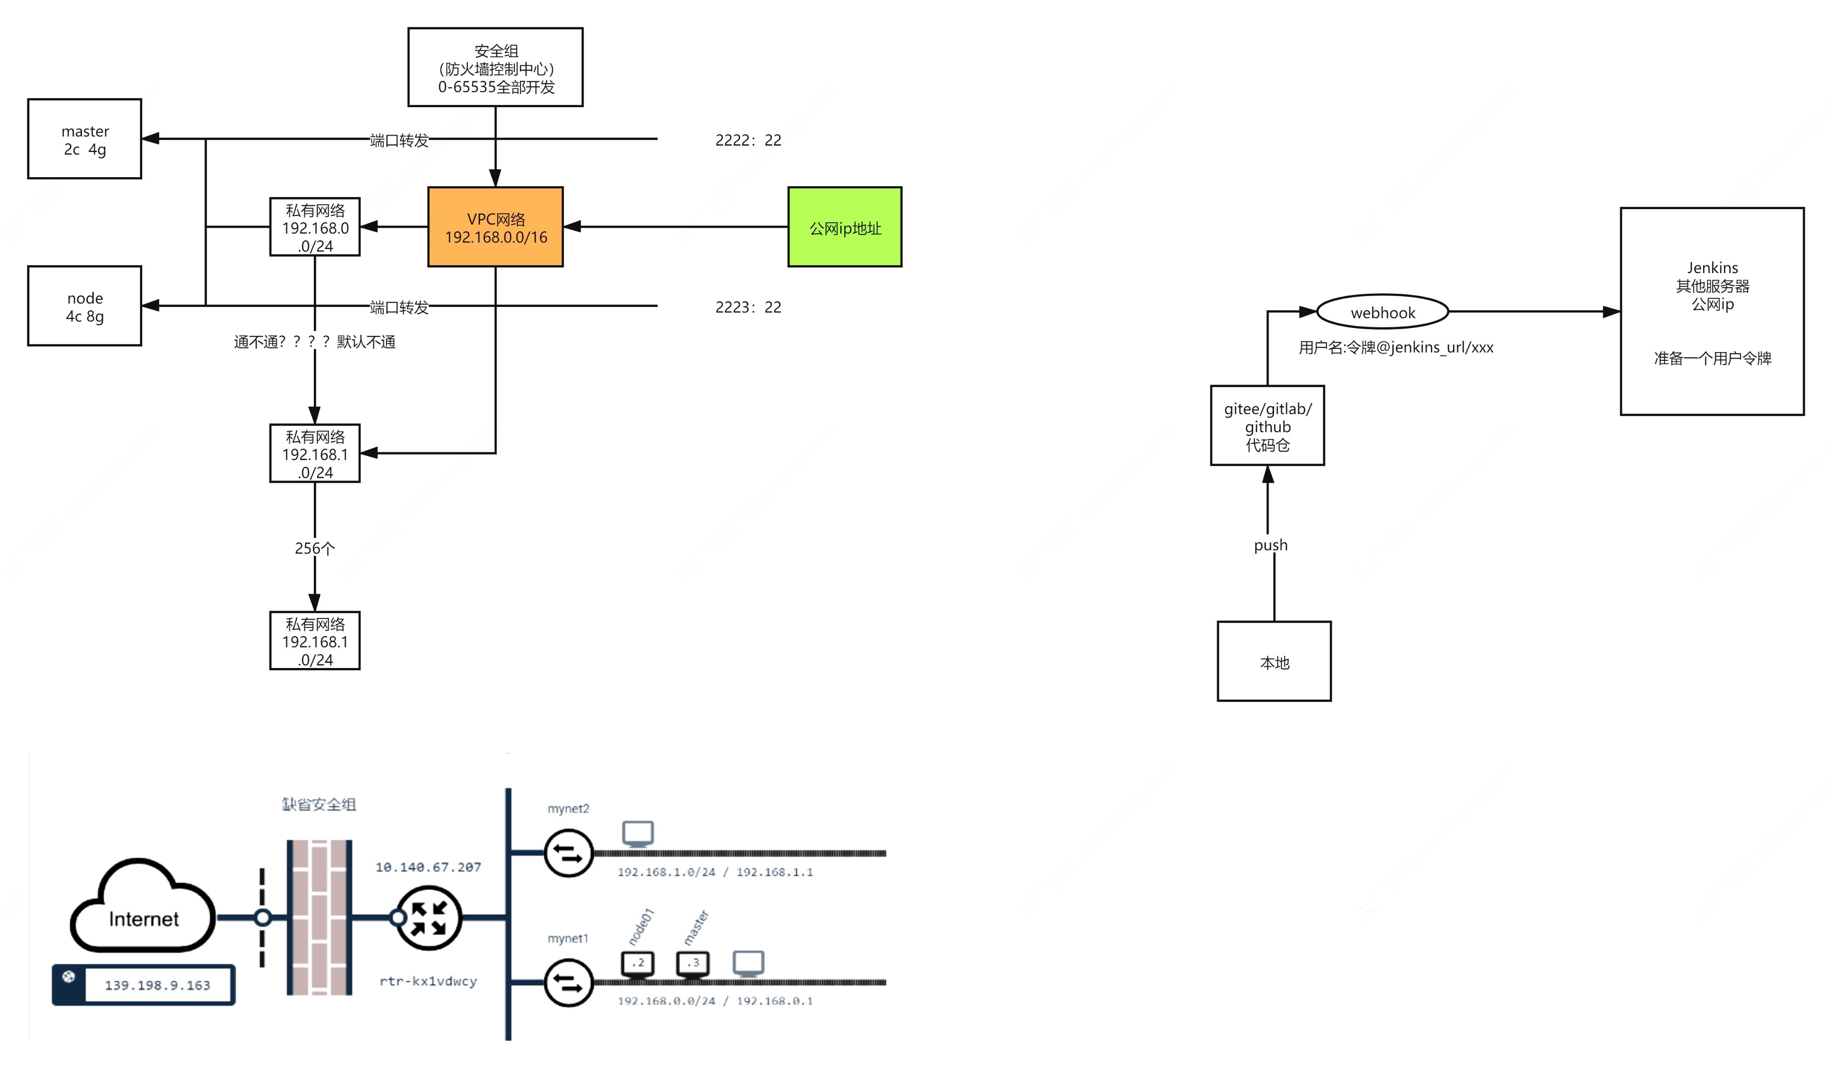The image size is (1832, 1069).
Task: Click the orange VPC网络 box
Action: click(495, 227)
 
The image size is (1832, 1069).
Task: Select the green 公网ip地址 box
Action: click(845, 227)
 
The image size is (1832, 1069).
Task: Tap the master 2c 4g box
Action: click(84, 139)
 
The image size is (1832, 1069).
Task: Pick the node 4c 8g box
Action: click(84, 306)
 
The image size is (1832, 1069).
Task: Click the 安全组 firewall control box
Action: click(495, 67)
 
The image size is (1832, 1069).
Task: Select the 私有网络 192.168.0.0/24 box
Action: click(315, 227)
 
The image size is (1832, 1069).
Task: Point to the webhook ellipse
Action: click(1382, 312)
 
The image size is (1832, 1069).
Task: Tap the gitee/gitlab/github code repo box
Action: click(1267, 426)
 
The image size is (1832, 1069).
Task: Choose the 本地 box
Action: click(1273, 661)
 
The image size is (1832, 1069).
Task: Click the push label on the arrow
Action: click(1270, 545)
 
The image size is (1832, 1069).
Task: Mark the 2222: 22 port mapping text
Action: click(748, 140)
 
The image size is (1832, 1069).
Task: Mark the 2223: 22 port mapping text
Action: click(748, 307)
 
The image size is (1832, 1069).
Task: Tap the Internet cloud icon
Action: click(143, 908)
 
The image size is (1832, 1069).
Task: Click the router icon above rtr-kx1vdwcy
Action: click(428, 918)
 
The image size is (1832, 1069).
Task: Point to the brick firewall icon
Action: click(319, 917)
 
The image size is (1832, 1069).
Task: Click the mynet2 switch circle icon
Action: click(568, 853)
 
